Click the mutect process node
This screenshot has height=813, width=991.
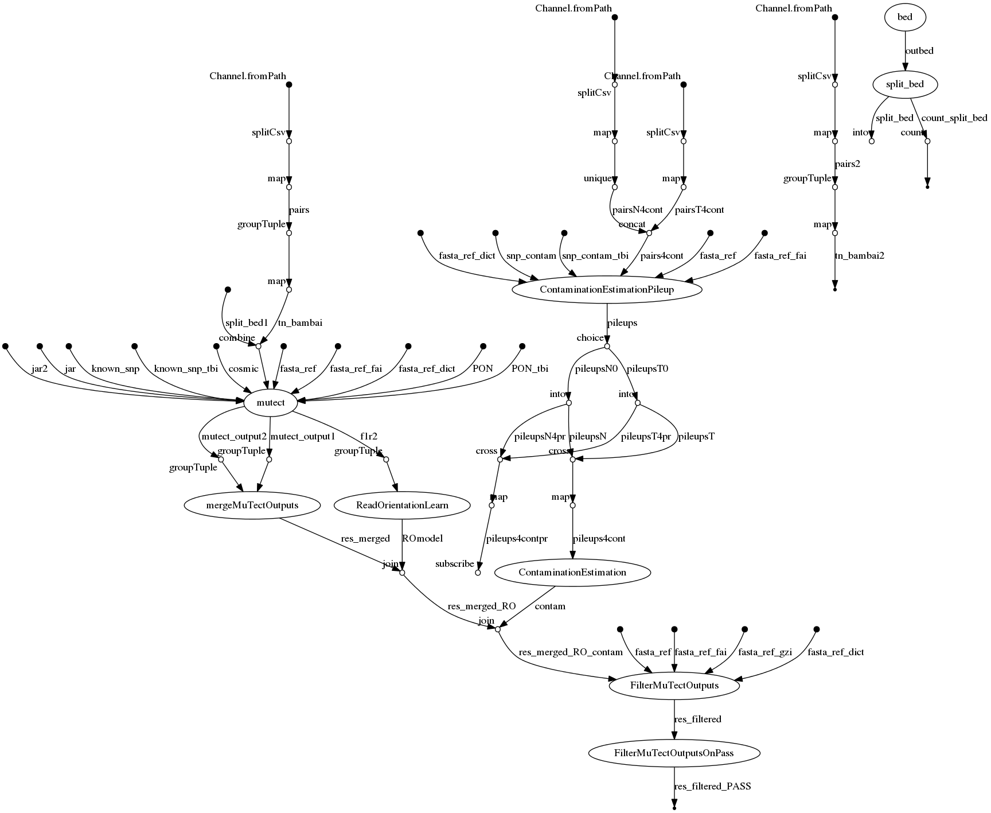pos(270,403)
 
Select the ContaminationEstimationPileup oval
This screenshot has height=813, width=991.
pos(607,290)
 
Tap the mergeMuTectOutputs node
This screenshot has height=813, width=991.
pos(253,505)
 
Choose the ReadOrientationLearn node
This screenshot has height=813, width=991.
pos(402,505)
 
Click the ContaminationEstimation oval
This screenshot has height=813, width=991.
pos(572,572)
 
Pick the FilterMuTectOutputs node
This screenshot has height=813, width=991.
pos(674,685)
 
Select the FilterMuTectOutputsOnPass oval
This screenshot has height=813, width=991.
pos(674,753)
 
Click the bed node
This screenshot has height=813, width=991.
pos(904,17)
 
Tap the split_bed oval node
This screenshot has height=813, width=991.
pos(904,85)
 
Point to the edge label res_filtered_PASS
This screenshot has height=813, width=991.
pos(712,787)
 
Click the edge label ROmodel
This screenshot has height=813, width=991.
pos(423,539)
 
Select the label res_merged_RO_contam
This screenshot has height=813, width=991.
pos(570,652)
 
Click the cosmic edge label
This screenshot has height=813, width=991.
pos(243,369)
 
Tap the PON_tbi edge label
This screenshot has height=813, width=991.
pos(529,369)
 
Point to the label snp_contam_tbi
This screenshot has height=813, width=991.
pos(595,256)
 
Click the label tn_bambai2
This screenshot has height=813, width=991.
pos(860,256)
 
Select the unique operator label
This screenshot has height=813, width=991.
pos(597,178)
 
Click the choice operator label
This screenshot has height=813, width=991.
pos(590,337)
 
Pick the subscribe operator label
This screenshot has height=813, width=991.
pos(454,564)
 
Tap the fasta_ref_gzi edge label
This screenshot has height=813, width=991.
pos(764,652)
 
